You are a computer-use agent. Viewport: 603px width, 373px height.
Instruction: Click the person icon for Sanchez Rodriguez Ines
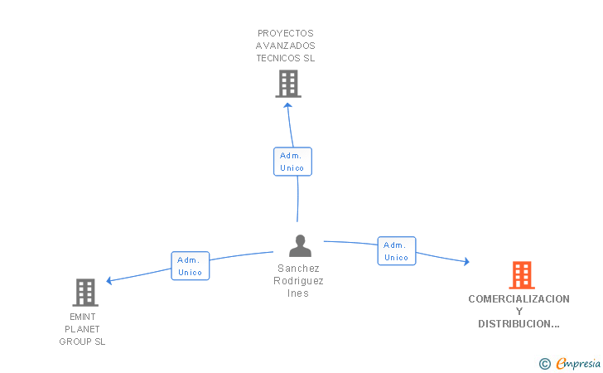tap(300, 246)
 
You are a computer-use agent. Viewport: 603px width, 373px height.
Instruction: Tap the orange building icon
tap(522, 275)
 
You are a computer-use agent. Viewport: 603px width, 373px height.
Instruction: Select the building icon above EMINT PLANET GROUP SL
tap(85, 293)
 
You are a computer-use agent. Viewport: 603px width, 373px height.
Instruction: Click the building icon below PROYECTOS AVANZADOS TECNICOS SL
tap(288, 84)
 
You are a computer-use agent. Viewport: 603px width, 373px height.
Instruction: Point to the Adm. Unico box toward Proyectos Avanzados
tap(292, 162)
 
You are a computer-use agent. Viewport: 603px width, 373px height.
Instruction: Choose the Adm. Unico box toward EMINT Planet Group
tap(190, 266)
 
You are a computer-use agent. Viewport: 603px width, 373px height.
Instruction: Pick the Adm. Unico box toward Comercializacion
tap(397, 251)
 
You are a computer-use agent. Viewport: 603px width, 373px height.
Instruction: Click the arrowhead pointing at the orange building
tap(466, 262)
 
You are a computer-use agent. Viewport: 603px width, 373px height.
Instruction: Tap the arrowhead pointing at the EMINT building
tap(109, 281)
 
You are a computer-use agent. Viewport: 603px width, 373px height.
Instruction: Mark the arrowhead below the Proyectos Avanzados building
tap(287, 105)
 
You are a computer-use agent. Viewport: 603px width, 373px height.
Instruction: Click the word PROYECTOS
tap(285, 33)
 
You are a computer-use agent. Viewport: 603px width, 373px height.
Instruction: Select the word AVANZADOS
tap(285, 46)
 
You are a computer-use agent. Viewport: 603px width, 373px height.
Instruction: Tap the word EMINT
tap(83, 317)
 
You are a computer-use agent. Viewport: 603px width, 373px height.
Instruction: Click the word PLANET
tap(82, 329)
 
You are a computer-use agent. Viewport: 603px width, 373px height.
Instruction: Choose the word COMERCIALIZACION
tap(519, 299)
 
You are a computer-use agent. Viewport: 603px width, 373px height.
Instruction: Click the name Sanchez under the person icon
tap(298, 269)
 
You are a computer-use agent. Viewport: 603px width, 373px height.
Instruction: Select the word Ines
tap(298, 293)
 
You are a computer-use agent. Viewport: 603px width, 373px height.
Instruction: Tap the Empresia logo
tap(570, 363)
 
